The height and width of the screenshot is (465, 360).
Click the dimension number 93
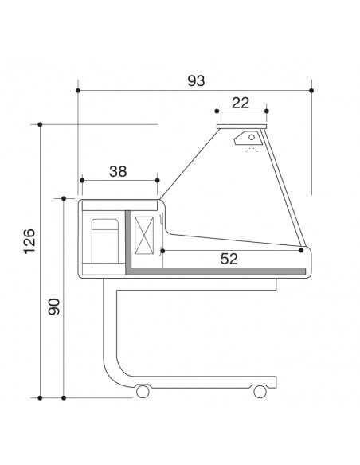tap(196, 80)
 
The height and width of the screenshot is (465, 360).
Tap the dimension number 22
tap(241, 102)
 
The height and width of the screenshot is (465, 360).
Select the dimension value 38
tap(119, 170)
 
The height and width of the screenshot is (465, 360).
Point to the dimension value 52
tap(229, 259)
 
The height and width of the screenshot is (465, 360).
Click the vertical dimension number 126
tap(29, 241)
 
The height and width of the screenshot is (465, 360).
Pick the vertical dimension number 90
tap(54, 306)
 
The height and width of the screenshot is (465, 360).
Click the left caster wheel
tap(143, 392)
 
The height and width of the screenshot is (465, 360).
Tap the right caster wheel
tap(260, 392)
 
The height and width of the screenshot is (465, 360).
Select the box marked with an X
tap(146, 236)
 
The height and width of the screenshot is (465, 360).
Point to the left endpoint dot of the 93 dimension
tap(78, 90)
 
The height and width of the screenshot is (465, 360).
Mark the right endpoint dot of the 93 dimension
tap(311, 90)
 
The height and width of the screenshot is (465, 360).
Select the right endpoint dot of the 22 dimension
tap(266, 111)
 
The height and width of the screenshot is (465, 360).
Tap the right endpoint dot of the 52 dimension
tap(301, 250)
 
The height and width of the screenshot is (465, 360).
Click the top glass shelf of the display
tap(241, 126)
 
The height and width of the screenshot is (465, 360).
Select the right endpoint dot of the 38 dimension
tap(158, 180)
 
